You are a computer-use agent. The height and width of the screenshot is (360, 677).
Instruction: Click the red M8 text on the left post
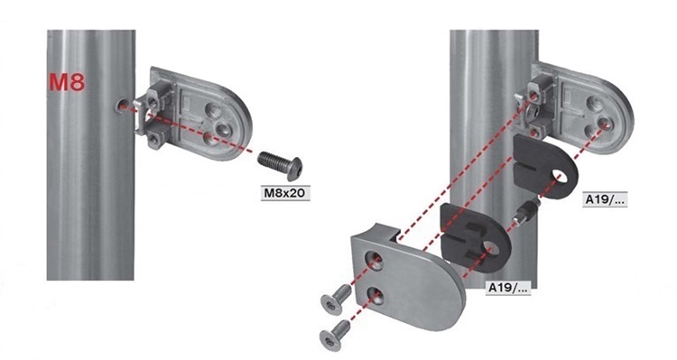click(67, 82)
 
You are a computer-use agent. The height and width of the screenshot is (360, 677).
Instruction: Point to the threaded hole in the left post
click(121, 106)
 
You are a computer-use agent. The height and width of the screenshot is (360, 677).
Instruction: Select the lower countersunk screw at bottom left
click(336, 333)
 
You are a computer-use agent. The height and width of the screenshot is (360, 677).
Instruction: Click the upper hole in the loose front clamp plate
click(375, 260)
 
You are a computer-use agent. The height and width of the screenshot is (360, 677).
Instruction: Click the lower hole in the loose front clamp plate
click(375, 295)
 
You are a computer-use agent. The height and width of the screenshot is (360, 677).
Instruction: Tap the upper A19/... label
click(605, 200)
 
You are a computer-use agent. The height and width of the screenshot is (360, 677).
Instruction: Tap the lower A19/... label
click(508, 288)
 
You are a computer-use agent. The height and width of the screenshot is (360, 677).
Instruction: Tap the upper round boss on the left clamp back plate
click(213, 109)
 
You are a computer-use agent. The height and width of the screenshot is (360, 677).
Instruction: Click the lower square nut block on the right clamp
click(535, 129)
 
